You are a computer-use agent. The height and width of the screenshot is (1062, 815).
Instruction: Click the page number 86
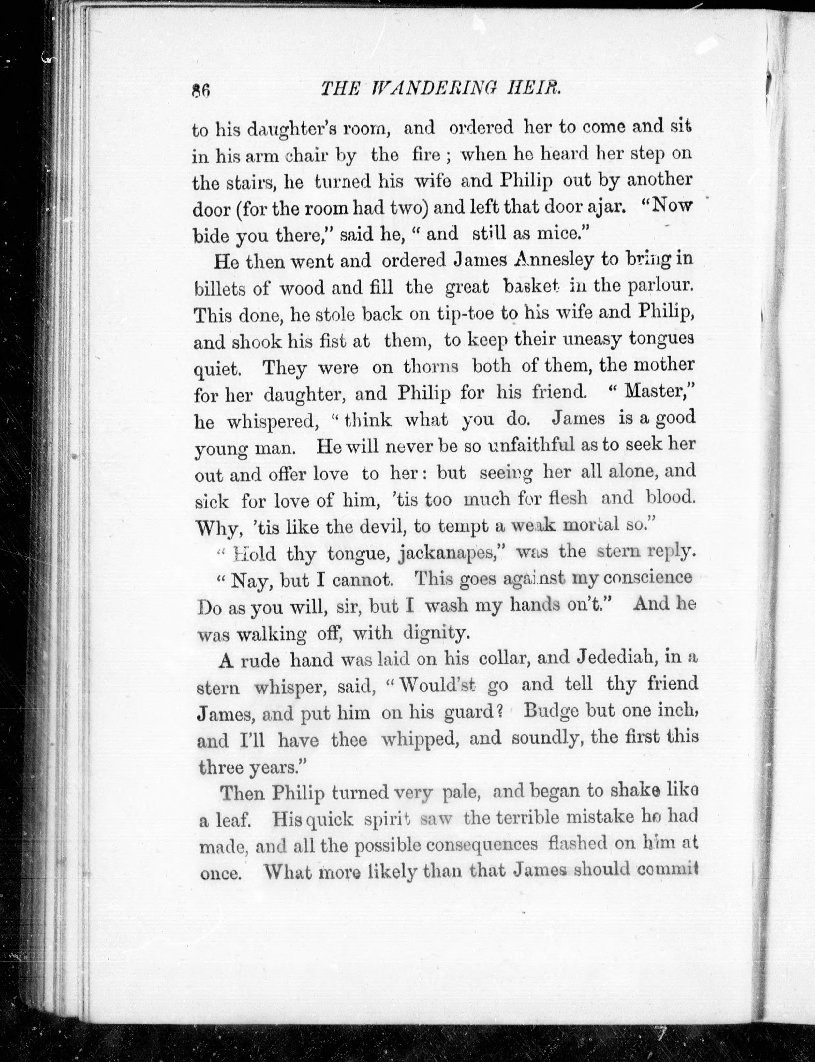200,91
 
